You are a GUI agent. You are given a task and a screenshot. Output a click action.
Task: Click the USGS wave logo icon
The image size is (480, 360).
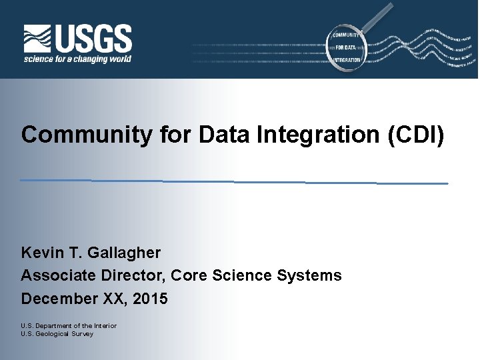pos(38,39)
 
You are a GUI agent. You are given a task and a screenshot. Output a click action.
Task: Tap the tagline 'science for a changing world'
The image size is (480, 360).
pos(77,59)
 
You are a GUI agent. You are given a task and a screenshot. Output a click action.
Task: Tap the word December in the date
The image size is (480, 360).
pos(59,299)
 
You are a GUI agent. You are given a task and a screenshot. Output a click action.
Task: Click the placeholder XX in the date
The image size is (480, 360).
pos(114,299)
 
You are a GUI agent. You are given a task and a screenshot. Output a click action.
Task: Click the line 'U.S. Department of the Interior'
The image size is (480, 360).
pos(69,326)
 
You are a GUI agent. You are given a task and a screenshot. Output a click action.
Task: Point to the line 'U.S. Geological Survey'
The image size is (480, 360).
pos(57,333)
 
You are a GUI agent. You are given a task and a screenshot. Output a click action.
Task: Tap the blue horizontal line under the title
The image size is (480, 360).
pos(233,181)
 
